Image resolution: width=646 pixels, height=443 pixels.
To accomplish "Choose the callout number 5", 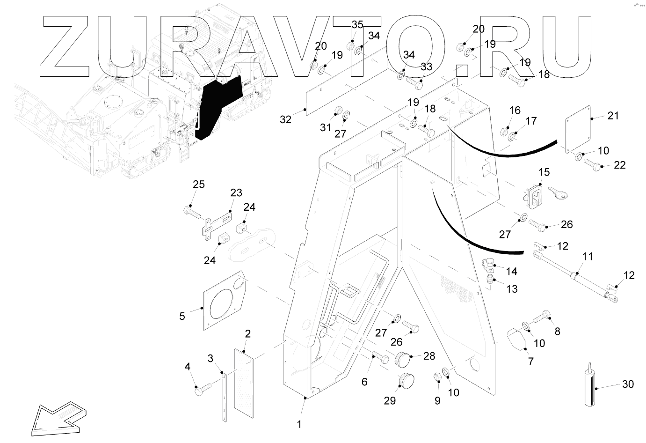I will pyautogui.click(x=182, y=316).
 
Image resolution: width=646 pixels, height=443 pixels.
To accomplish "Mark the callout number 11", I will pyautogui.click(x=588, y=257).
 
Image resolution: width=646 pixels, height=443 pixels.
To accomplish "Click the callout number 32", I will pyautogui.click(x=285, y=119).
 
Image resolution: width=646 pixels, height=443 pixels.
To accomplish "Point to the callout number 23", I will pyautogui.click(x=236, y=192).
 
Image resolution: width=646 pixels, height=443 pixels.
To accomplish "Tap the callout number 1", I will pyautogui.click(x=299, y=425).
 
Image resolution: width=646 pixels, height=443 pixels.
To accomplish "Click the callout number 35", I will pyautogui.click(x=357, y=24).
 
